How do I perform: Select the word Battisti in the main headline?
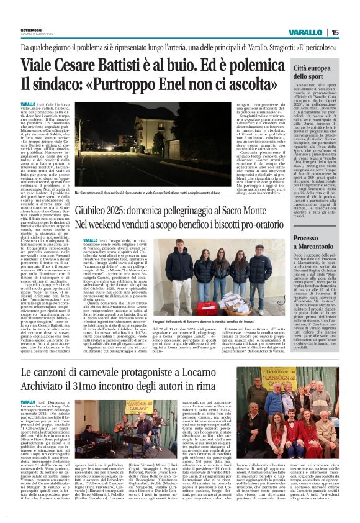[x=144, y=65]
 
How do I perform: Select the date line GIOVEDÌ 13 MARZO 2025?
[x=38, y=35]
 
